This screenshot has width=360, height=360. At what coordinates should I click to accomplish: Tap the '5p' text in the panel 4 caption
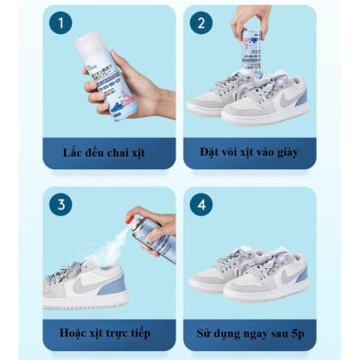click(292, 333)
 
